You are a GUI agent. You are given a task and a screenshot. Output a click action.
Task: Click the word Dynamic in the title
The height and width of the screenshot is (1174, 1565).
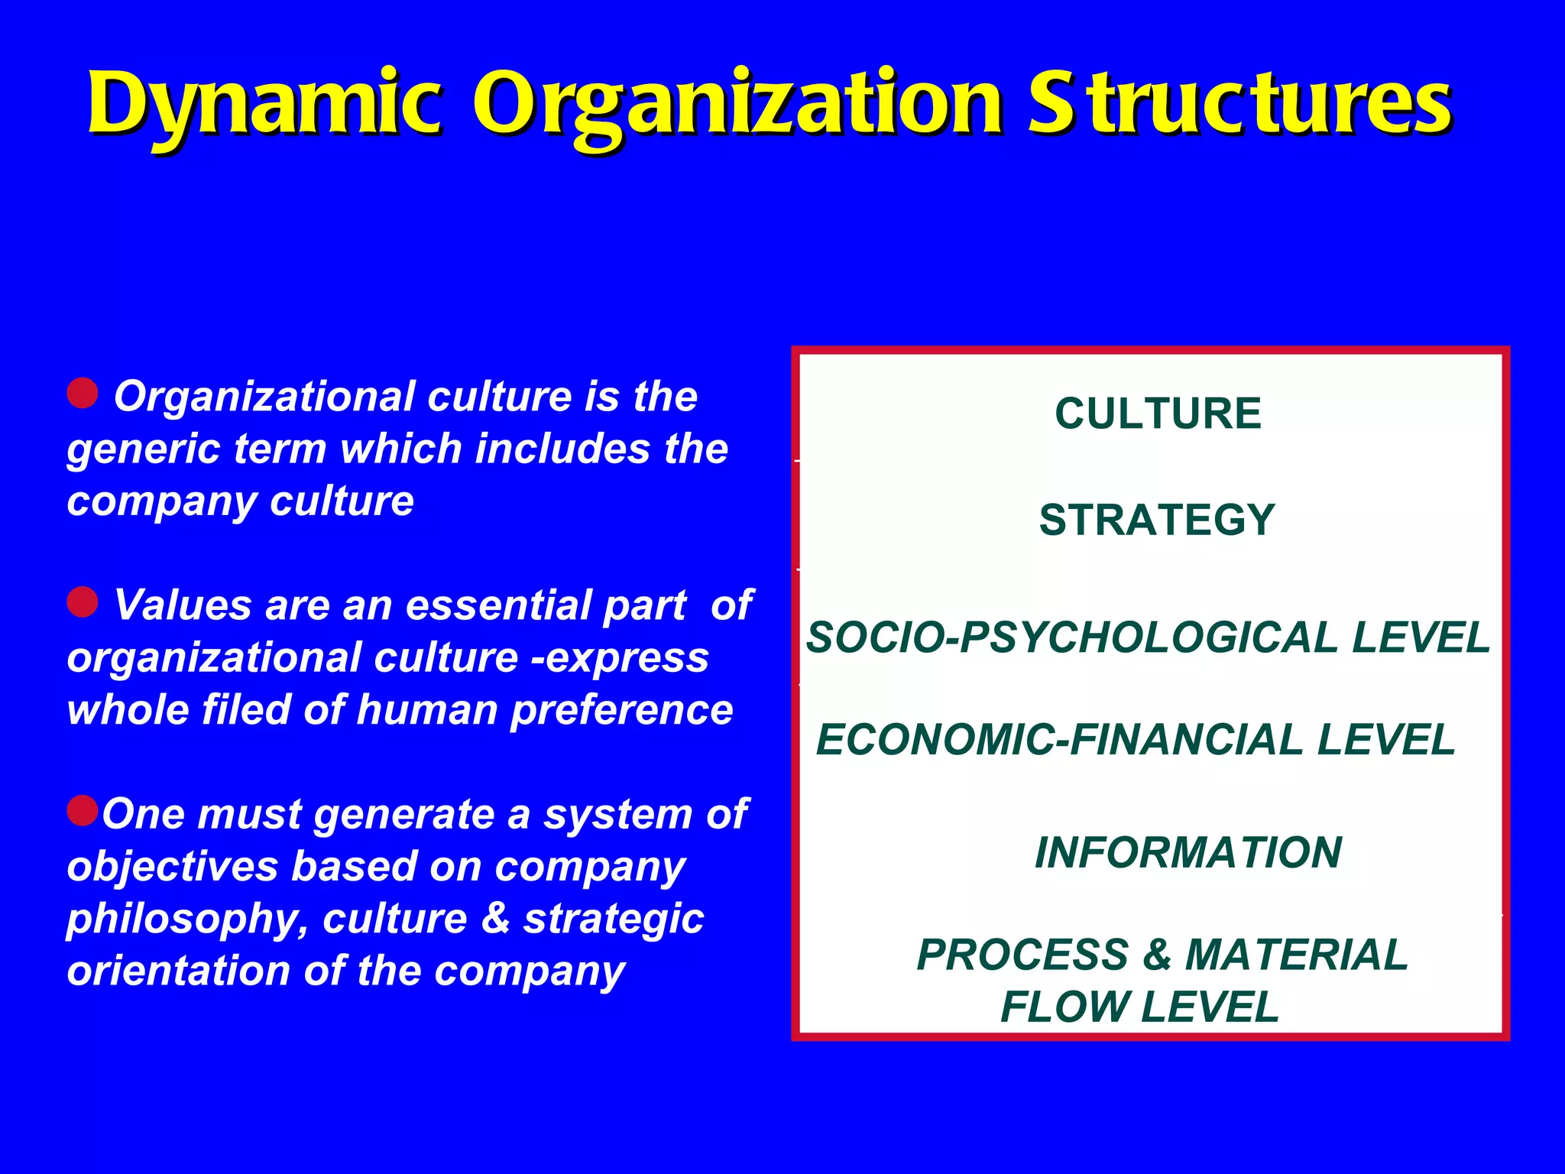(264, 103)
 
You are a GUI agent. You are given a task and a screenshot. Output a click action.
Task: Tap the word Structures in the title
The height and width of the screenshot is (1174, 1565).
(1239, 103)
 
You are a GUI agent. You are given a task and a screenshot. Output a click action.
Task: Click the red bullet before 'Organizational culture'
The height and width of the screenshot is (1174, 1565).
(83, 393)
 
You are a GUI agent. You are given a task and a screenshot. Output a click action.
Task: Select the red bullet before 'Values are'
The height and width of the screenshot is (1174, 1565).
(83, 602)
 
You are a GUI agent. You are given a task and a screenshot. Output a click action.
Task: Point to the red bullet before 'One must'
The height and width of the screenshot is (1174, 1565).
(83, 810)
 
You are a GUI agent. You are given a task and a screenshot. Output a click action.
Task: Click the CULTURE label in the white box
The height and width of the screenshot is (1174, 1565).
(1158, 413)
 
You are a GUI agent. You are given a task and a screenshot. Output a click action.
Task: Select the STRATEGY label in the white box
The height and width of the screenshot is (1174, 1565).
(1157, 520)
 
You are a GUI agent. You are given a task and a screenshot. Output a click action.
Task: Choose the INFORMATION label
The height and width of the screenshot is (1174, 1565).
(1188, 852)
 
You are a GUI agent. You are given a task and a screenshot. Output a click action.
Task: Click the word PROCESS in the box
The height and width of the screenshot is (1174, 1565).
(1022, 955)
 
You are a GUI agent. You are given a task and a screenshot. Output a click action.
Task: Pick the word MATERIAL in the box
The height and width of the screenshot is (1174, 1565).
(1296, 955)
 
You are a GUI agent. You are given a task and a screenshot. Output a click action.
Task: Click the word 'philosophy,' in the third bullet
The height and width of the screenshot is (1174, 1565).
(187, 919)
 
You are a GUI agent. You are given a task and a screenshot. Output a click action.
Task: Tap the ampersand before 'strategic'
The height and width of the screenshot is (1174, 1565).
(495, 918)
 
